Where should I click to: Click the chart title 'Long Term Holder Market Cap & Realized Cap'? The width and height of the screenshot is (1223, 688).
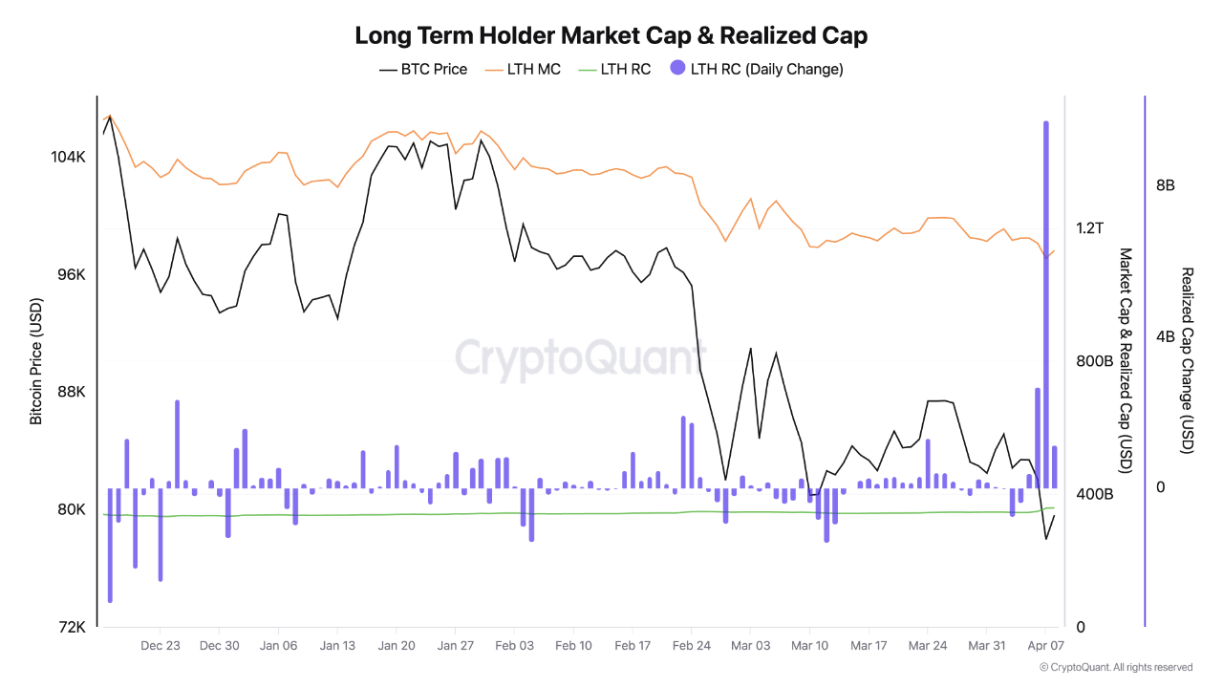611,36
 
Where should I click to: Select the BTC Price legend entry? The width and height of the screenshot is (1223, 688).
423,69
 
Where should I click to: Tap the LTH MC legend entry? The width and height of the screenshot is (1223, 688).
523,69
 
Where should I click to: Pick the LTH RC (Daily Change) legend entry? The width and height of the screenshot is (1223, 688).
757,69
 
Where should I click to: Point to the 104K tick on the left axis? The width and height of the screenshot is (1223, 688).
68,157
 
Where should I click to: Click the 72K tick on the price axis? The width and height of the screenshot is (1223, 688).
73,627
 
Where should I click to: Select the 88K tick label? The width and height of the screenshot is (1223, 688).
70,392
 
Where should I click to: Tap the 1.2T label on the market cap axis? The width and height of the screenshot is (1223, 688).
1089,228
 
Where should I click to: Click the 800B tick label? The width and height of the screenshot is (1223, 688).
1095,361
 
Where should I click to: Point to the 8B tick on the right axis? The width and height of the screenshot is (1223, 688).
1165,185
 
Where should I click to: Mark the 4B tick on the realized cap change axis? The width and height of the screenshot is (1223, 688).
1165,336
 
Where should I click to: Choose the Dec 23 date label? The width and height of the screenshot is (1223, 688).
160,646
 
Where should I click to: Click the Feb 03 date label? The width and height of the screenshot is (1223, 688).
514,646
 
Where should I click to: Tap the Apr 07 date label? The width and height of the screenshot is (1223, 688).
1045,646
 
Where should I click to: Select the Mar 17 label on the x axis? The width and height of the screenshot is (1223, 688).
869,646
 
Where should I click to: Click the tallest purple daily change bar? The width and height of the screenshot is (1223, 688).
1046,287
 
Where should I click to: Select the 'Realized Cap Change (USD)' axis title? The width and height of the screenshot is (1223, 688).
1188,360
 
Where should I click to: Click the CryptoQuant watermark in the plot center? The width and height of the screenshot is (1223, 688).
580,358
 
